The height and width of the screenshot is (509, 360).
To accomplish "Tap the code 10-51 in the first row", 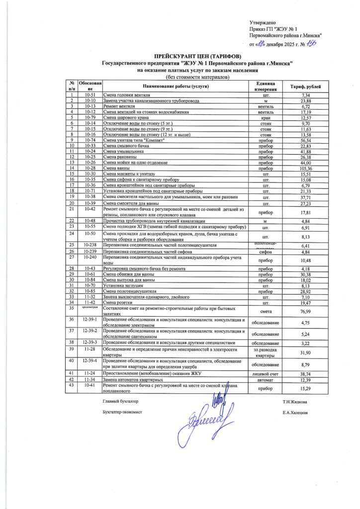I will (90, 94).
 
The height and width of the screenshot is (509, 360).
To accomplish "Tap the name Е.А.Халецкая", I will (297, 412).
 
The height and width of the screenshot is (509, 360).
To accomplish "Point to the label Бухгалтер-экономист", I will (122, 412).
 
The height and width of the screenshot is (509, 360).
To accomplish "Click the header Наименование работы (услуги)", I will (176, 86).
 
